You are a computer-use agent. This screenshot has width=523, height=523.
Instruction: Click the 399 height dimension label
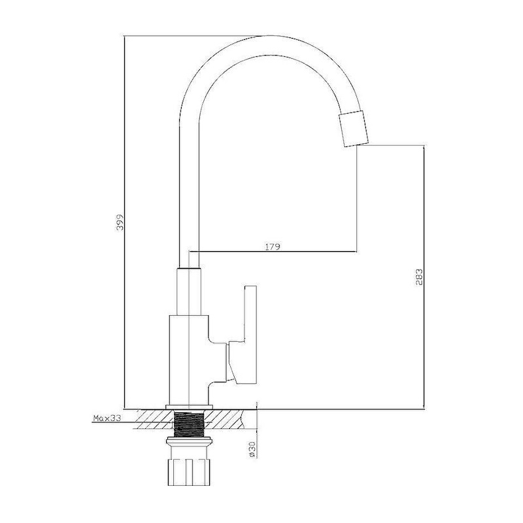tap(120, 222)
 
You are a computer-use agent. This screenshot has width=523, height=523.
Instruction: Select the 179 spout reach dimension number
tap(273, 247)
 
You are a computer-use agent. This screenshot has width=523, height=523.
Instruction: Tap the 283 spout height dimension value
tap(419, 277)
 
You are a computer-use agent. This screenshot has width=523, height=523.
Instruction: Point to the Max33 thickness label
tap(107, 418)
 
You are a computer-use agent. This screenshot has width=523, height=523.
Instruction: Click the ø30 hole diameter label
tap(252, 449)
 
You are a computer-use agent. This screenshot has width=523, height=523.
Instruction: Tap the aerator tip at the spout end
tap(354, 129)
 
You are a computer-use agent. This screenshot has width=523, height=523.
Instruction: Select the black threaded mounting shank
tap(189, 424)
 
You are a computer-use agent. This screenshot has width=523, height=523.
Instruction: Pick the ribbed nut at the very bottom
tap(188, 472)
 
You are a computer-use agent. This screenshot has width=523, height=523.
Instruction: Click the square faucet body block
tap(189, 360)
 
